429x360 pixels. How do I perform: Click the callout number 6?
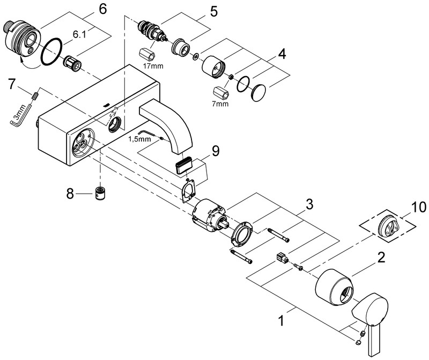[x=102, y=9]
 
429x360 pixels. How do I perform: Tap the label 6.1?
[x=79, y=34]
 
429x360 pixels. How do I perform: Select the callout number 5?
[x=213, y=12]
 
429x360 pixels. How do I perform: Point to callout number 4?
[x=282, y=54]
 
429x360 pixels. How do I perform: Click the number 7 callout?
[x=11, y=84]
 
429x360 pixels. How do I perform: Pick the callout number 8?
[x=70, y=194]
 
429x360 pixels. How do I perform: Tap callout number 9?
[x=216, y=151]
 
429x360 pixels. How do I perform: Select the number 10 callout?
[x=419, y=207]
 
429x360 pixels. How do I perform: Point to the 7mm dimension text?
[x=220, y=104]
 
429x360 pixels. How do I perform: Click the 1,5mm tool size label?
[x=139, y=139]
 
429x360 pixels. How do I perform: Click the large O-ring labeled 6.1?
[x=51, y=52]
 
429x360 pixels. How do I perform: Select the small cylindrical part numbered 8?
[x=101, y=193]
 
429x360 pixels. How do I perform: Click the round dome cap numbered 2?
[x=334, y=287]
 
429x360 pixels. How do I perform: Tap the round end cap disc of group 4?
[x=258, y=93]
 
